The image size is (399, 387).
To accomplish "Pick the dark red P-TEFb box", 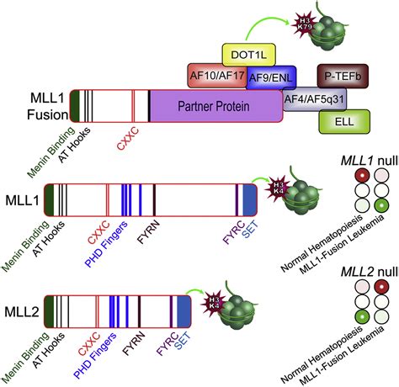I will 341,75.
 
